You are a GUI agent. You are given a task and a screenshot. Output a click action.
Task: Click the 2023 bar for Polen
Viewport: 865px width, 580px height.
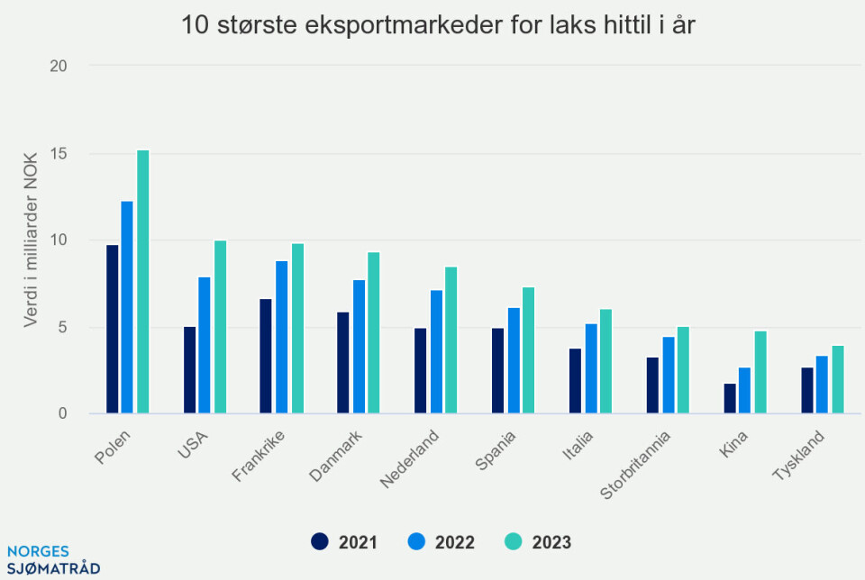[x=143, y=282]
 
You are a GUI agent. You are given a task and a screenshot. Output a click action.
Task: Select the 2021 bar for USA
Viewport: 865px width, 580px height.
[x=189, y=370]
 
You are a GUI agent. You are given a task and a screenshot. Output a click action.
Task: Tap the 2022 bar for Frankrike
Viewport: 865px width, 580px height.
[x=282, y=337]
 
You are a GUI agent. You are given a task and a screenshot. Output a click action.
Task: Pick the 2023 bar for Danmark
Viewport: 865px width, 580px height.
[x=374, y=333]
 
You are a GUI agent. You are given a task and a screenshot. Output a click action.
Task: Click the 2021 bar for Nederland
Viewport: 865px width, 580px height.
[x=421, y=371]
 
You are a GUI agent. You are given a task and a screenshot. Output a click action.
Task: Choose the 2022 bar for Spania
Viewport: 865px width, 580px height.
[x=514, y=361]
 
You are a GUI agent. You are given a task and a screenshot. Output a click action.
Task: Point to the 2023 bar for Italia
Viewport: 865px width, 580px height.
[x=605, y=361]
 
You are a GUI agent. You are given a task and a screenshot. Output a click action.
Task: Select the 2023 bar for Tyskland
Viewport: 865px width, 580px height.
[x=837, y=380]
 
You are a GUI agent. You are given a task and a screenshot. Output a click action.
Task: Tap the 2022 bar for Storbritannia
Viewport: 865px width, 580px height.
[x=668, y=376]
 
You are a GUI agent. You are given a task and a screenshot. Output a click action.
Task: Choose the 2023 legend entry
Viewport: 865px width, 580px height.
[x=539, y=542]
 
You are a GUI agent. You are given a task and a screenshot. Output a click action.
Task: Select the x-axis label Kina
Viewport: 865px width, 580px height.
[x=734, y=443]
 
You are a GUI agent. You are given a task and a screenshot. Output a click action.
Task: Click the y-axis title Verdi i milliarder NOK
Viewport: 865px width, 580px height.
[x=31, y=240]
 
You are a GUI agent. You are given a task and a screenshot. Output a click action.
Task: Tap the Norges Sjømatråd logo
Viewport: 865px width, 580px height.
[x=52, y=559]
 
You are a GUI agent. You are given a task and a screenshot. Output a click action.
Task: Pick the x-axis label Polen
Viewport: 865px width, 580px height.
[x=113, y=447]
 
